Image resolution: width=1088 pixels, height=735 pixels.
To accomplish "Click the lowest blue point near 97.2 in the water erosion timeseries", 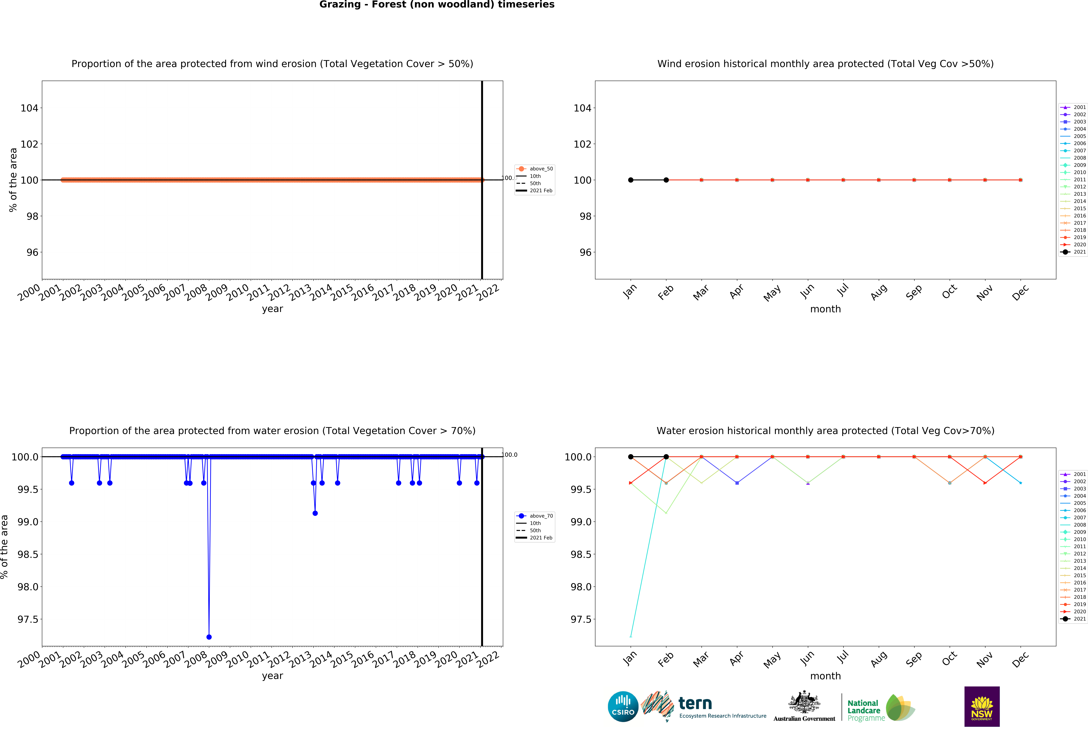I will [209, 637].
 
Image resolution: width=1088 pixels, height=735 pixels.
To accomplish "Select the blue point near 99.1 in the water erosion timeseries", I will [315, 513].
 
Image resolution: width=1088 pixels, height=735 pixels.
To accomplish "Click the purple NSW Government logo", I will [982, 706].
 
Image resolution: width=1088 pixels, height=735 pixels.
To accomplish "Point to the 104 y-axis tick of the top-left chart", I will [29, 108].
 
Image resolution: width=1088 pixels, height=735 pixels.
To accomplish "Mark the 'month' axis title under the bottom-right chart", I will [825, 676].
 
